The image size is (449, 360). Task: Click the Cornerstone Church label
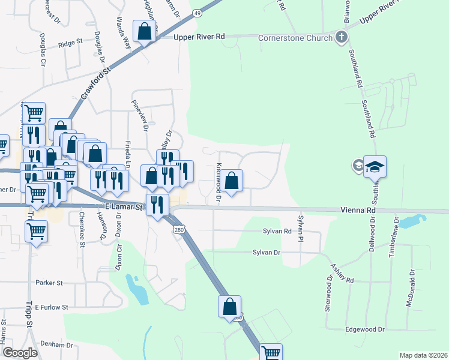[x=295, y=38]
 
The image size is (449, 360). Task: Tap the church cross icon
[x=342, y=38]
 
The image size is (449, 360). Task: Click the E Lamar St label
[x=122, y=207]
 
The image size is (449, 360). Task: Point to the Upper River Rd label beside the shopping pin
[x=199, y=37]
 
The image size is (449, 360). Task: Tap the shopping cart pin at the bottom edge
[x=271, y=353]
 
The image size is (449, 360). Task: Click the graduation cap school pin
[x=375, y=166]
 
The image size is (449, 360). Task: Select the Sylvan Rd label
[x=277, y=231]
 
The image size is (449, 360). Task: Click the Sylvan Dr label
[x=267, y=253]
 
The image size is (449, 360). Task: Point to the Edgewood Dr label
[x=364, y=329]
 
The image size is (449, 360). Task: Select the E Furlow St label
[x=52, y=307]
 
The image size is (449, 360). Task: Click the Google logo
[x=20, y=353]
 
